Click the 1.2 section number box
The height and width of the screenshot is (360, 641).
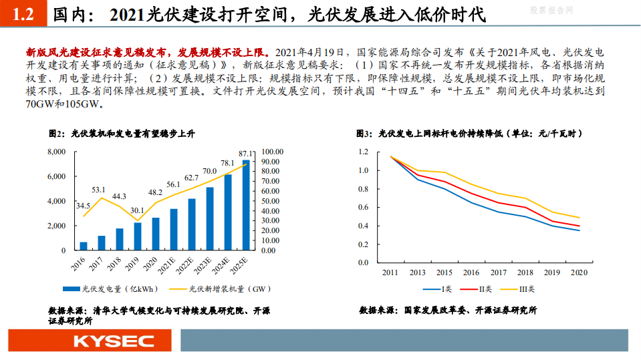click(23, 15)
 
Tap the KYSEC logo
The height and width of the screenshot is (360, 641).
click(88, 341)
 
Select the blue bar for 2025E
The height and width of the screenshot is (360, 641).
click(246, 205)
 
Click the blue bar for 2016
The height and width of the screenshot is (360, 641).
click(84, 246)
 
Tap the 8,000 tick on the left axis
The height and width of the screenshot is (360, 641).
click(56, 152)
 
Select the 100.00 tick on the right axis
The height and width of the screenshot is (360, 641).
click(273, 152)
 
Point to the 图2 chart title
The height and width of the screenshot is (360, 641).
click(121, 134)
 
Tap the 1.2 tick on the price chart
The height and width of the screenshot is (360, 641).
click(363, 152)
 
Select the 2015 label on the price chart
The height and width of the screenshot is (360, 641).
click(444, 273)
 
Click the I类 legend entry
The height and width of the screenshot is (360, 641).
click(443, 289)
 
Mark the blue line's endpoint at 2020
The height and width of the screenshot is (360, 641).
click(579, 230)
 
